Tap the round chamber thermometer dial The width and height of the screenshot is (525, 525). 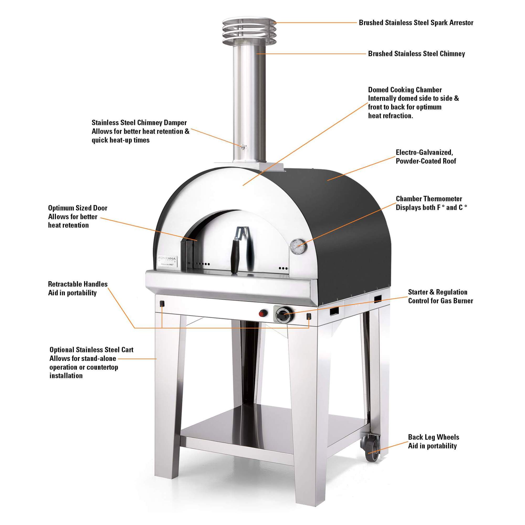pyautogui.click(x=298, y=246)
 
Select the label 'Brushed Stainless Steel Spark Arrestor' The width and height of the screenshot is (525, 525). pyautogui.click(x=416, y=23)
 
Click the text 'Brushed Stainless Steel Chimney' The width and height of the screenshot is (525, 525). pyautogui.click(x=416, y=54)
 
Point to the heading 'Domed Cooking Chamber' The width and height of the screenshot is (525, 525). pyautogui.click(x=405, y=90)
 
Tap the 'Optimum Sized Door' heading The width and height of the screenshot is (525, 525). pyautogui.click(x=78, y=208)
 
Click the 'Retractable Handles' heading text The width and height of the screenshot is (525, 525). pyautogui.click(x=78, y=284)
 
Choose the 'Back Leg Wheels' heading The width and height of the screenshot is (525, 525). pyautogui.click(x=433, y=437)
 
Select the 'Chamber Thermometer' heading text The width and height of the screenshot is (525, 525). pyautogui.click(x=429, y=199)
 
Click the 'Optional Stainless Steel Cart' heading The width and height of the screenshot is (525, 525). pyautogui.click(x=91, y=350)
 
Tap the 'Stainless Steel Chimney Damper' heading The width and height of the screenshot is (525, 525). pyautogui.click(x=139, y=123)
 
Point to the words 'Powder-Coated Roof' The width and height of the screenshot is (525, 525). pyautogui.click(x=426, y=161)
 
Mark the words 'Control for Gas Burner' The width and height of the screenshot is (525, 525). pyautogui.click(x=440, y=301)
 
